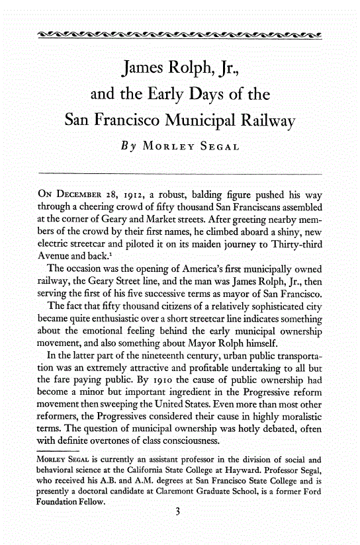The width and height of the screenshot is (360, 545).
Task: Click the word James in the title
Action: click(146, 68)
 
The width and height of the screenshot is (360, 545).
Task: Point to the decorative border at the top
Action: click(180, 35)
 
